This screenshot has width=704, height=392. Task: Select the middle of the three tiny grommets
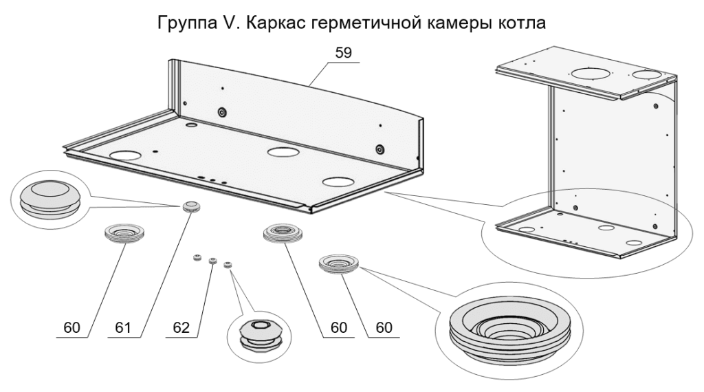tap(212, 261)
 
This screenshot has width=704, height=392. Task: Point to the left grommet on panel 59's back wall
tap(222, 112)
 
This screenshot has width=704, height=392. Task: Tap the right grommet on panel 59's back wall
tap(379, 149)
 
